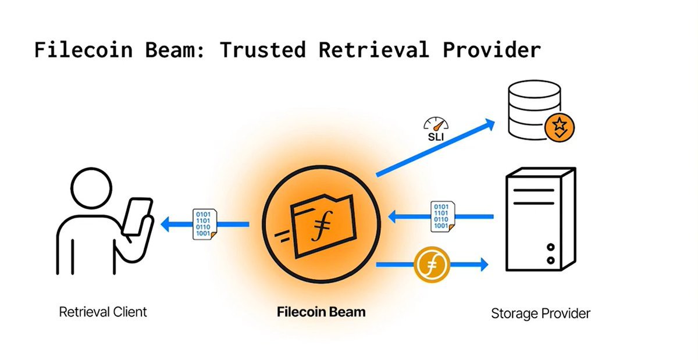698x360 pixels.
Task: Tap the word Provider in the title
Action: pos(492,50)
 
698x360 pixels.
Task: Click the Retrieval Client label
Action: pos(103,312)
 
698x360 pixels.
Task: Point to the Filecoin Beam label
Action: pos(321,312)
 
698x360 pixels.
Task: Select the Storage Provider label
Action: pos(540,314)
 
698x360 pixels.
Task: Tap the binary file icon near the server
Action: pos(442,216)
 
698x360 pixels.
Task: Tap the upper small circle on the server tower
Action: pos(550,247)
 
